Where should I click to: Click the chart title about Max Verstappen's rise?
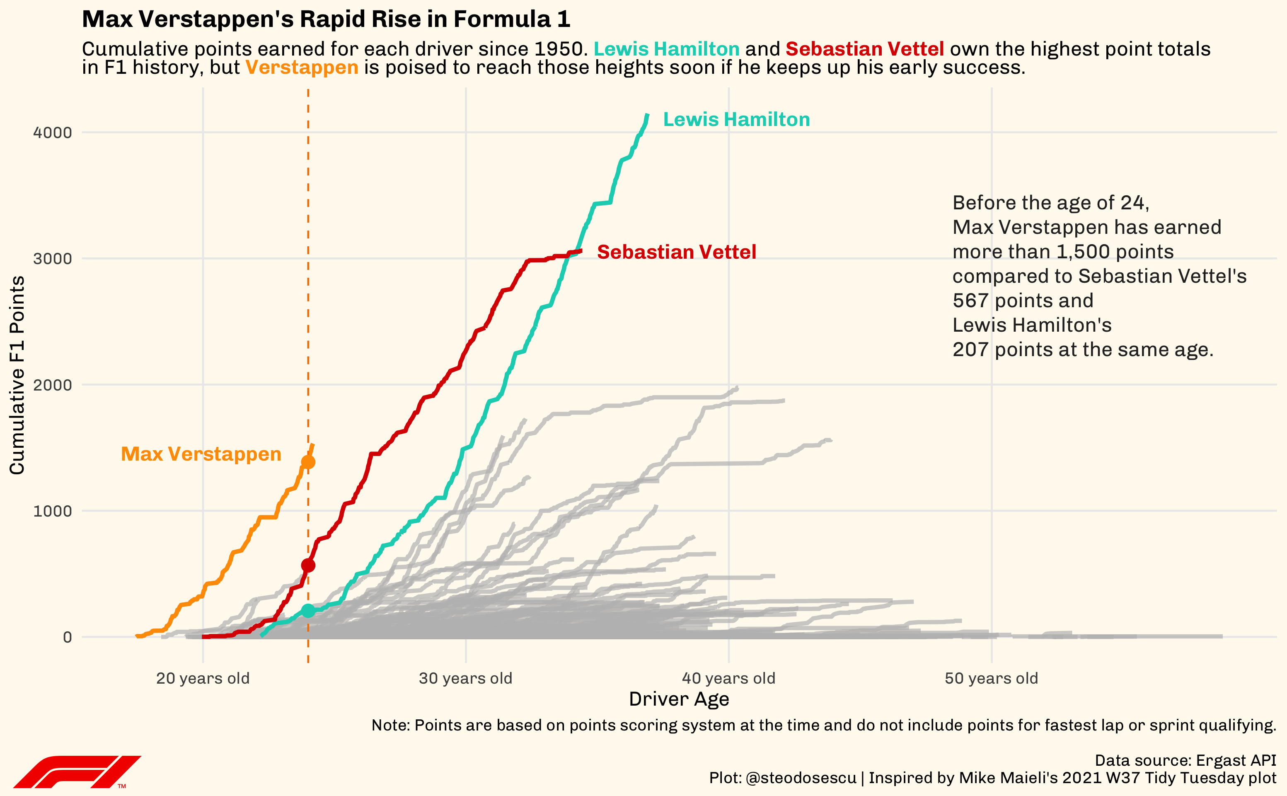click(x=326, y=19)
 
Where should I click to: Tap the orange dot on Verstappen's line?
click(x=308, y=462)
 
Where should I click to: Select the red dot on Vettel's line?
click(x=308, y=565)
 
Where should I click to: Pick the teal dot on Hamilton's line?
click(x=308, y=611)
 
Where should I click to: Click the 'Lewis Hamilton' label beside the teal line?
click(x=736, y=119)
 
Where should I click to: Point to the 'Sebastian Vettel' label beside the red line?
click(x=676, y=252)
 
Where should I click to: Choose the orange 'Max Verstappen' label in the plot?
click(x=201, y=454)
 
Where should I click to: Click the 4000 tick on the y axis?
click(x=53, y=133)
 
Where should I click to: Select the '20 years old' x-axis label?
click(x=203, y=678)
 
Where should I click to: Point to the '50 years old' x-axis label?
click(x=991, y=678)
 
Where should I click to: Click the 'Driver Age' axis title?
click(x=679, y=699)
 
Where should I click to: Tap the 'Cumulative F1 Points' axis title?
click(x=17, y=375)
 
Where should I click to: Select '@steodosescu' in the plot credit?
click(x=801, y=778)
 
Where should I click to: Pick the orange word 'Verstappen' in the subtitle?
click(x=302, y=68)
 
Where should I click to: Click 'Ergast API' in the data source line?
click(x=1236, y=760)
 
